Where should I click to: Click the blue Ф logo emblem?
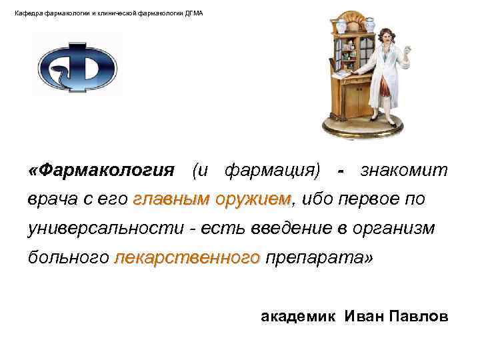pos(77,67)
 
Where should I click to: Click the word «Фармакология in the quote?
pos(101,171)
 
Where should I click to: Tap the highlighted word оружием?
pos(254,199)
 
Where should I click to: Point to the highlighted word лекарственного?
pos(187,258)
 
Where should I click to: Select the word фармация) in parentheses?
pos(271,171)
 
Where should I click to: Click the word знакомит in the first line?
pos(405,171)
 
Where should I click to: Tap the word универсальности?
pos(106,229)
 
